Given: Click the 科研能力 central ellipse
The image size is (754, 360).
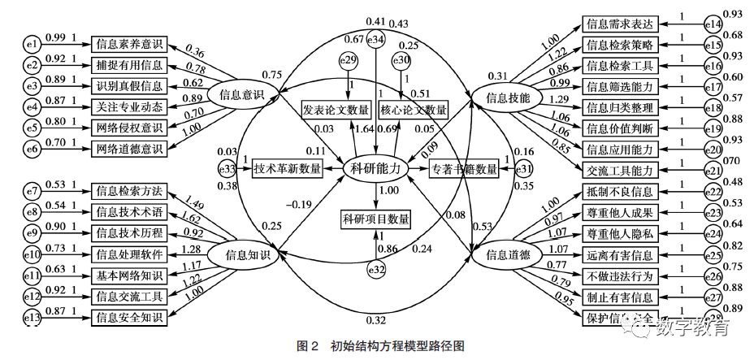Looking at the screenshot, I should [x=375, y=168].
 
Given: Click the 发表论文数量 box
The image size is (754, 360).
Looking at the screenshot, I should [x=336, y=109].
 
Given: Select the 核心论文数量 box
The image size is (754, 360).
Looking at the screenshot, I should [x=414, y=109].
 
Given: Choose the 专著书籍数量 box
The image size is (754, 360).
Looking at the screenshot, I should [x=464, y=168].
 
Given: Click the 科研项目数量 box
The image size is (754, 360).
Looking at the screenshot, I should [x=375, y=218].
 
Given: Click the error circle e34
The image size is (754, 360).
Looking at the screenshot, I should [x=375, y=38].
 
